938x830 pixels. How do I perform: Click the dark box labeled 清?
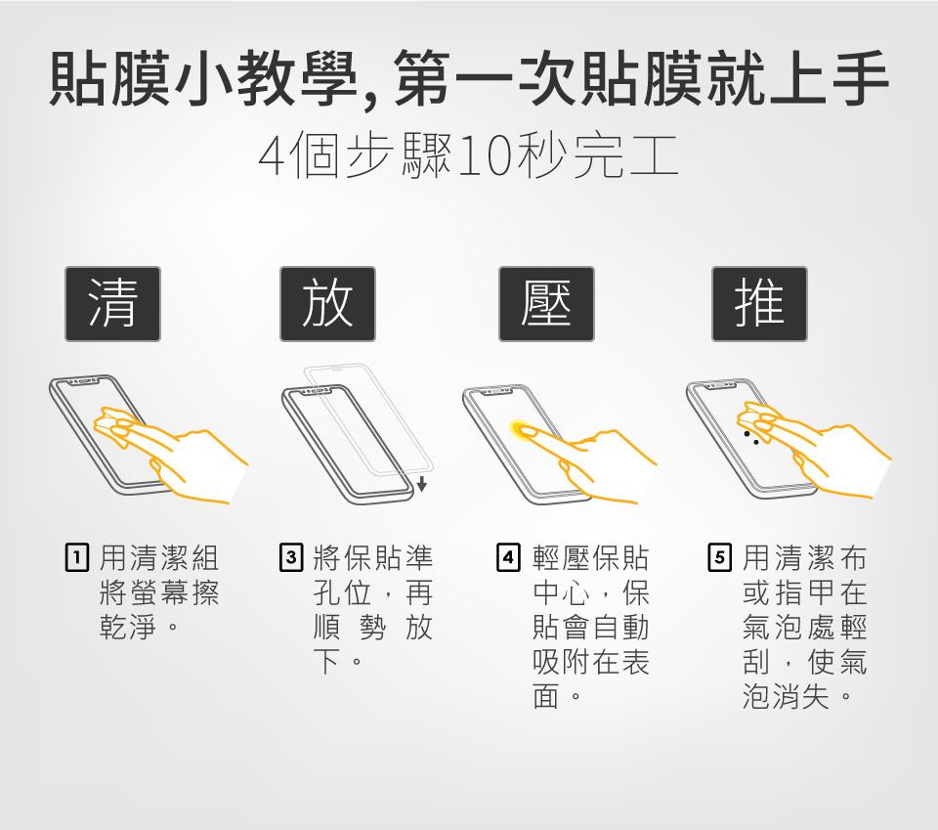pyautogui.click(x=112, y=304)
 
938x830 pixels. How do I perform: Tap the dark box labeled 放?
pyautogui.click(x=327, y=304)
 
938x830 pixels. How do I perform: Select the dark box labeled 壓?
pyautogui.click(x=546, y=304)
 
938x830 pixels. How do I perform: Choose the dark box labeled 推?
pyautogui.click(x=759, y=304)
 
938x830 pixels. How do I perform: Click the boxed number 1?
pyautogui.click(x=76, y=557)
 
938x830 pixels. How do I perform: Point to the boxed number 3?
pyautogui.click(x=291, y=557)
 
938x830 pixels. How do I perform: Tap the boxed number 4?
pyautogui.click(x=508, y=557)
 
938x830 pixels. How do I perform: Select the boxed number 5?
pyautogui.click(x=720, y=557)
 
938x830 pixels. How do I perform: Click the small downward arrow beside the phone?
pyautogui.click(x=422, y=484)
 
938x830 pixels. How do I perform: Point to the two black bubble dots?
pyautogui.click(x=751, y=437)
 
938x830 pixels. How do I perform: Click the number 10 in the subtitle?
pyautogui.click(x=486, y=156)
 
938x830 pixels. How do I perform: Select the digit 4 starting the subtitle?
pyautogui.click(x=272, y=156)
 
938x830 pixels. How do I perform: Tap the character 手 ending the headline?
pyautogui.click(x=859, y=78)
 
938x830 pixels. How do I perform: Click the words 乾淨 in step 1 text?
pyautogui.click(x=127, y=627)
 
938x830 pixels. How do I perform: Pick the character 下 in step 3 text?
pyautogui.click(x=327, y=661)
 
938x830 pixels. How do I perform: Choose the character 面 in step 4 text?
pyautogui.click(x=546, y=696)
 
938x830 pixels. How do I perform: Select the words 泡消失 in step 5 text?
pyautogui.click(x=786, y=696)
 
